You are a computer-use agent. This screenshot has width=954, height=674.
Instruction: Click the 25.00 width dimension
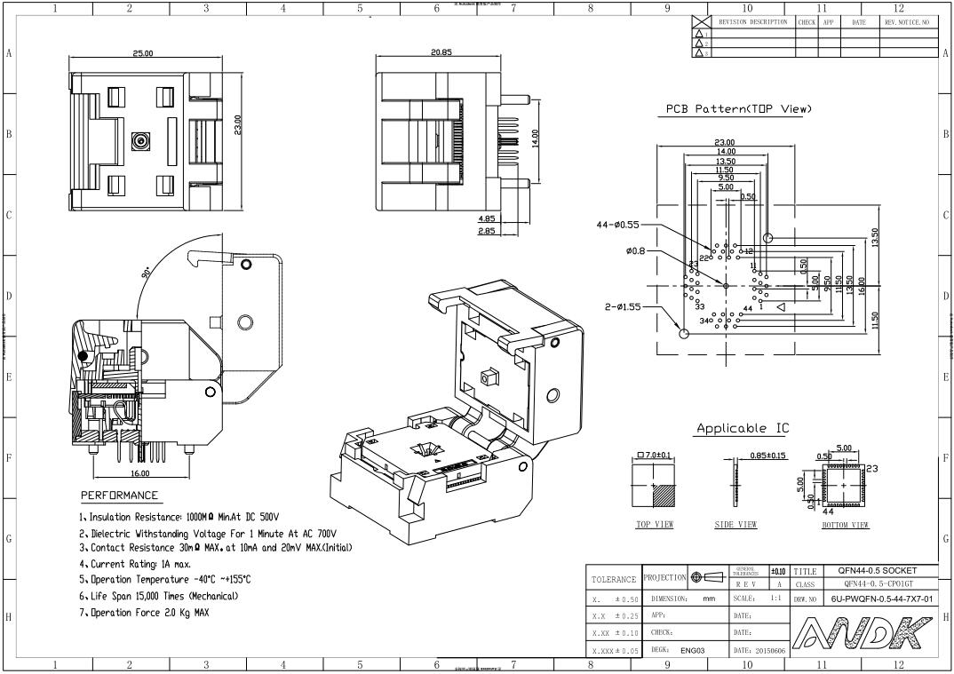pyautogui.click(x=142, y=54)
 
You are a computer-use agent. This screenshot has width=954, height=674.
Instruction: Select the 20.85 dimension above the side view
pyautogui.click(x=441, y=52)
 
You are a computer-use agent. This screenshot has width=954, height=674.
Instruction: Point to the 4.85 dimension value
pyautogui.click(x=487, y=218)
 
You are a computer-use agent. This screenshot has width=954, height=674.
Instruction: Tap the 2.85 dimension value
pyautogui.click(x=487, y=231)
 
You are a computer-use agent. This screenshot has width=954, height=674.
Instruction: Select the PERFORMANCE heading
pyautogui.click(x=120, y=496)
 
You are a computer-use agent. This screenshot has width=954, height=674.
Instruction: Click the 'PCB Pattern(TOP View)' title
pyautogui.click(x=739, y=109)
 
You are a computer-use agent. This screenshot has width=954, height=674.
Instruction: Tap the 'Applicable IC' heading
pyautogui.click(x=742, y=429)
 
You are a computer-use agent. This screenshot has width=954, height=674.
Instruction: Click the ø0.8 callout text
pyautogui.click(x=635, y=251)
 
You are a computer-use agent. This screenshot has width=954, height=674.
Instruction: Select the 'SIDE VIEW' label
pyautogui.click(x=735, y=525)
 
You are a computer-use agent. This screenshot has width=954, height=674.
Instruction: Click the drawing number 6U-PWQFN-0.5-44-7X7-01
pyautogui.click(x=881, y=599)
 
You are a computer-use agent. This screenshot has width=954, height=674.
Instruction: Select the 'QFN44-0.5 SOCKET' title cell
pyautogui.click(x=881, y=571)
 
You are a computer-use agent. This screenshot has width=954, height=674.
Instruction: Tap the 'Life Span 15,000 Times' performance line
pyautogui.click(x=164, y=596)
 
